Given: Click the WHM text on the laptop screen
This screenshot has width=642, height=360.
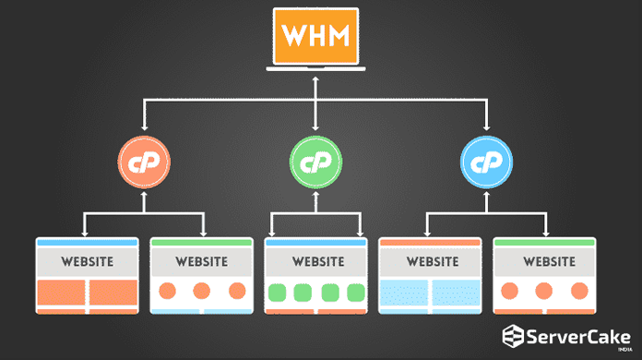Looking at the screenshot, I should (x=316, y=38).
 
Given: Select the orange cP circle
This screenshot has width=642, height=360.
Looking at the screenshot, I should (x=144, y=162).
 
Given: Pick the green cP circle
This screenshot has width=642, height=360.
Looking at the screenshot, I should (x=315, y=162).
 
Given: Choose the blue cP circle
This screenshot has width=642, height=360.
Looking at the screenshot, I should (x=486, y=162).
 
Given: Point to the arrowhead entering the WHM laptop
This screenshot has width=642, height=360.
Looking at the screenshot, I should (x=316, y=79).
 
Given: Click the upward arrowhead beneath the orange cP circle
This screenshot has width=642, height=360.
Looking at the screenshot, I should (x=144, y=197).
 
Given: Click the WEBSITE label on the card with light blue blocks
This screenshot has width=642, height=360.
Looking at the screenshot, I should (x=431, y=261).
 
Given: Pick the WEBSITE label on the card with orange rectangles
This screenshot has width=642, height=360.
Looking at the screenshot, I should (x=88, y=261).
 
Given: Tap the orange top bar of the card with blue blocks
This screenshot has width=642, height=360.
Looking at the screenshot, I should (x=431, y=242).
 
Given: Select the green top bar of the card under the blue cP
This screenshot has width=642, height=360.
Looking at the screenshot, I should (x=545, y=242).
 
